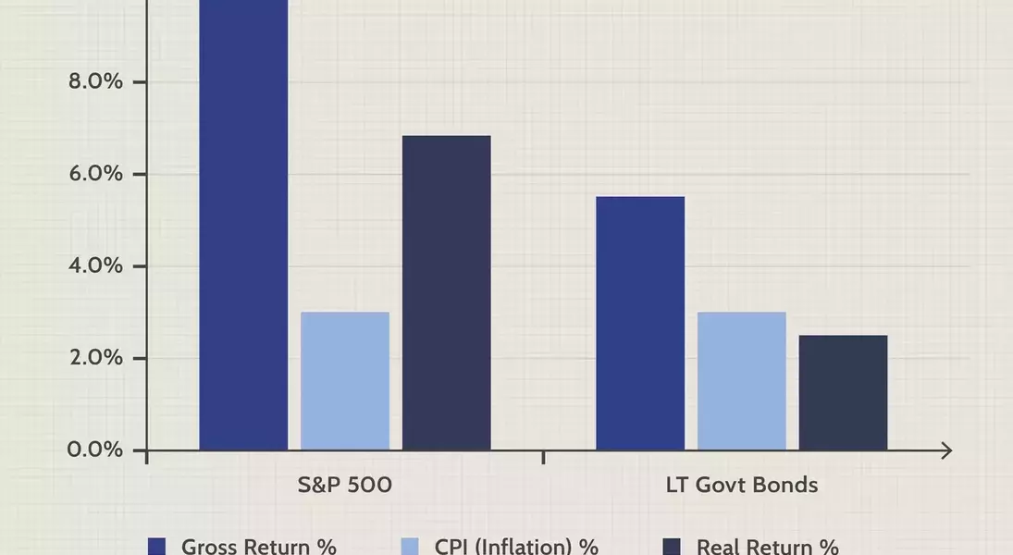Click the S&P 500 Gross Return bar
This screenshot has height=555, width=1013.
(243, 225)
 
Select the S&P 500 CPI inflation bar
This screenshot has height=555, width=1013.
(345, 381)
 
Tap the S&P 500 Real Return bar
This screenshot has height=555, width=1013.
(447, 292)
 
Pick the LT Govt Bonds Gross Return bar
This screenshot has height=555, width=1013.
(640, 323)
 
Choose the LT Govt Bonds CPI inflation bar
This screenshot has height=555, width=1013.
(742, 381)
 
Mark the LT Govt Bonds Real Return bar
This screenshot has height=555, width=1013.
(843, 392)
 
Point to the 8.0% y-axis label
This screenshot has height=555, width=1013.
(95, 81)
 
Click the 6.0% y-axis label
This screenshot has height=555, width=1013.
(95, 174)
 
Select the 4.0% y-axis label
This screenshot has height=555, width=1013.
(95, 265)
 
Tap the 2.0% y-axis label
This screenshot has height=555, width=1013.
(95, 357)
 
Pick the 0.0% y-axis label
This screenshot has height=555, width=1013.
(95, 450)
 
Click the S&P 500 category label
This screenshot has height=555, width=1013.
(344, 485)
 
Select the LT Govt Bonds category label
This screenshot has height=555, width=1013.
(742, 485)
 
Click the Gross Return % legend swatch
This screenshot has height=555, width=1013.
(157, 546)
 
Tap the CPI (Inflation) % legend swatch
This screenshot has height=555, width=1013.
(410, 546)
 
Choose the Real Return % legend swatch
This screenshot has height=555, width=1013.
(672, 546)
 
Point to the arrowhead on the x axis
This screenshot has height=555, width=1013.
(946, 451)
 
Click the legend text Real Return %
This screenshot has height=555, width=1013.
(768, 546)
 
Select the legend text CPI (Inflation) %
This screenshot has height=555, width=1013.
(516, 546)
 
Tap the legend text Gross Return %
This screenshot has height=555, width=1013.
(258, 546)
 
